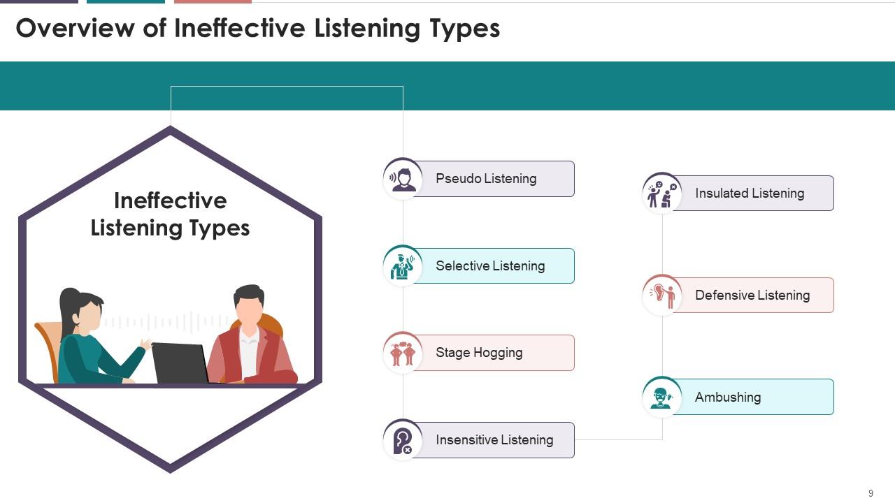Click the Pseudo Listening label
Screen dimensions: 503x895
pyautogui.click(x=486, y=179)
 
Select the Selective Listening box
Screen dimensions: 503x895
pyautogui.click(x=490, y=266)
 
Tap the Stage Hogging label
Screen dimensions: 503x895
pyautogui.click(x=479, y=353)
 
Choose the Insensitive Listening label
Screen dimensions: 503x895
pyautogui.click(x=494, y=440)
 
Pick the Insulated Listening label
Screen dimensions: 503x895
pyautogui.click(x=750, y=194)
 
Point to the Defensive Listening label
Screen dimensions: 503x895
pyautogui.click(x=752, y=296)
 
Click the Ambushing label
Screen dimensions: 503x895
pyautogui.click(x=728, y=398)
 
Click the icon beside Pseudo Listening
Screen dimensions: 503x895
pyautogui.click(x=403, y=178)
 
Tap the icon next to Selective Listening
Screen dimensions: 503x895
pyautogui.click(x=403, y=265)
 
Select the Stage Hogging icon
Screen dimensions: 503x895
pyautogui.click(x=403, y=353)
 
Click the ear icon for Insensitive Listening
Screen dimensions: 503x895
pyautogui.click(x=403, y=440)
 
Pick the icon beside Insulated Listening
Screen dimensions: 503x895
pyautogui.click(x=662, y=193)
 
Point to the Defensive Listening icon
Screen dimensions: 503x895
pyautogui.click(x=662, y=295)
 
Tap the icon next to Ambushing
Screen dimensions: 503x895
pyautogui.click(x=662, y=397)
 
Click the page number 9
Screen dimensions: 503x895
pyautogui.click(x=871, y=493)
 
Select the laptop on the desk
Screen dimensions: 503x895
pyautogui.click(x=180, y=363)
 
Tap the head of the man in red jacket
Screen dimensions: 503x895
pyautogui.click(x=249, y=304)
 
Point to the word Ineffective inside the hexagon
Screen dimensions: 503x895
pyautogui.click(x=170, y=201)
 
